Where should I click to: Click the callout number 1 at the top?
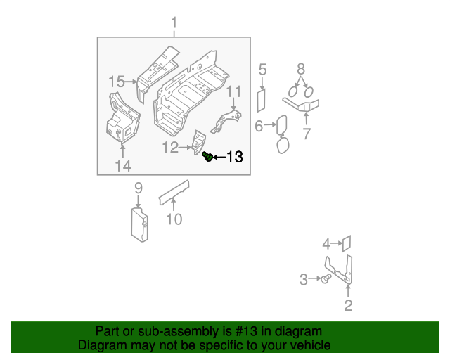[x=174, y=25]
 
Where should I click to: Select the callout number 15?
[x=117, y=82]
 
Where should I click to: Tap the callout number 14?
[x=123, y=166]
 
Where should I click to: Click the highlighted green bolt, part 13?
[x=207, y=156]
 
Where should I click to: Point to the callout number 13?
[x=234, y=157]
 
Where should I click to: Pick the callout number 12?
[x=170, y=148]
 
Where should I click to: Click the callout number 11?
[x=233, y=92]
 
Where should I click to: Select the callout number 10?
[x=174, y=219]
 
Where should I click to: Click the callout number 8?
[x=301, y=69]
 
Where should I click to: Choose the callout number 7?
[x=307, y=134]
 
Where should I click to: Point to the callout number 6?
[x=258, y=126]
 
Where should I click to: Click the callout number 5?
[x=262, y=69]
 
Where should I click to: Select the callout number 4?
[x=326, y=244]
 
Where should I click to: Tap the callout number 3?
[x=304, y=280]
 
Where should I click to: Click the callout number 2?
[x=348, y=305]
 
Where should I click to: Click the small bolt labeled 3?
[x=326, y=280]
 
